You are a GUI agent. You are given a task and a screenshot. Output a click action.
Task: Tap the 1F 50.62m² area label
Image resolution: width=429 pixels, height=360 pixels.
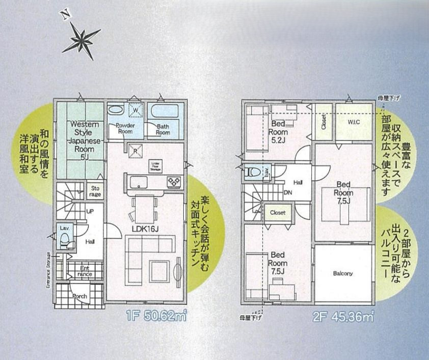point(155,317)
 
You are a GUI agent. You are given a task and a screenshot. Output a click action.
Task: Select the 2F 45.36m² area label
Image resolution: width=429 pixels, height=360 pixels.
point(343,317)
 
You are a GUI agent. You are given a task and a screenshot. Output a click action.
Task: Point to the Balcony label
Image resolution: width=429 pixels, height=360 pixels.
point(343,273)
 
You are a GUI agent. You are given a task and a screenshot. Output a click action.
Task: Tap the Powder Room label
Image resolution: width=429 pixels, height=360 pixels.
point(124,128)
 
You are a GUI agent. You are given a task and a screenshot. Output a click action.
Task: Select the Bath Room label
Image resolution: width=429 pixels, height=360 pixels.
point(163,129)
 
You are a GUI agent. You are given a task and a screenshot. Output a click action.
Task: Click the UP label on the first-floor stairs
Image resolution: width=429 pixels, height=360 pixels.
point(90,210)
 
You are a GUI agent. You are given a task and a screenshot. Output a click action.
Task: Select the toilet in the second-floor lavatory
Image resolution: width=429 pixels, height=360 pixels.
point(250,172)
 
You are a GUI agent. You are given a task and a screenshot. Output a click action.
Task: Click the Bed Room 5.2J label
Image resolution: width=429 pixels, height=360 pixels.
point(278,131)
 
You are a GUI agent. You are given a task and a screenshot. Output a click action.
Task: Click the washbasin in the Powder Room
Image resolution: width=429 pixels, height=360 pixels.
point(116,109)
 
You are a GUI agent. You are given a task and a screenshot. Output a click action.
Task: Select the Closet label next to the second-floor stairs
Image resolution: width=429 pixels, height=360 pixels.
point(278,212)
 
